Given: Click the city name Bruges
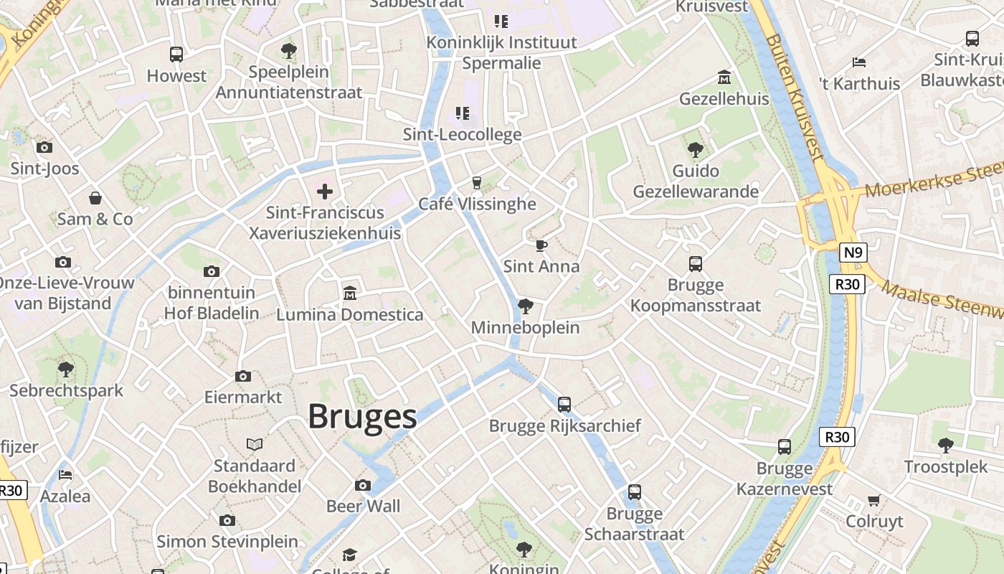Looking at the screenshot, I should tap(362, 417).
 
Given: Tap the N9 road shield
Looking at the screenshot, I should tap(853, 253).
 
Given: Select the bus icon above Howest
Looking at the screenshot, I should tap(176, 54).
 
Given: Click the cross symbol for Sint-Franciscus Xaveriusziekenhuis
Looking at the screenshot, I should tap(325, 191).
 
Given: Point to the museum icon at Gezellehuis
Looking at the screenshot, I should tap(724, 77).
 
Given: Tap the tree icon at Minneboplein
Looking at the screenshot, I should tap(525, 306).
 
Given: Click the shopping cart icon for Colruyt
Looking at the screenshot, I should tap(873, 500).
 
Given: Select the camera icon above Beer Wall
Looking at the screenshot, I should tap(363, 485).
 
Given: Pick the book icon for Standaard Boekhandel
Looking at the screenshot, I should tap(255, 444).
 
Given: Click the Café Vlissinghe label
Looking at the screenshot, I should tap(477, 204).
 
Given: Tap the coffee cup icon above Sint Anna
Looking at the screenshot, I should tap(541, 245).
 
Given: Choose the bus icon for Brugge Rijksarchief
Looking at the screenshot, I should tap(564, 405).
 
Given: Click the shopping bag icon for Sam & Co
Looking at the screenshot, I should tap(95, 198).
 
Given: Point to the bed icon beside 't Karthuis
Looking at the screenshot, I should tap(858, 62).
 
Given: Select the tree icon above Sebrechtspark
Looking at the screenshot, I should tap(65, 370).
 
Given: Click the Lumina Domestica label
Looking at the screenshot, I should tap(349, 314).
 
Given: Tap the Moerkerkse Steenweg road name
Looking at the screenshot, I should tap(932, 181).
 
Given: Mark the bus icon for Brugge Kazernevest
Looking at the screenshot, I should tap(784, 447).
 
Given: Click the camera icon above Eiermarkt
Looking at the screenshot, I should tap(243, 376).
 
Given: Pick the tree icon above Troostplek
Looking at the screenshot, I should tap(945, 446).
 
